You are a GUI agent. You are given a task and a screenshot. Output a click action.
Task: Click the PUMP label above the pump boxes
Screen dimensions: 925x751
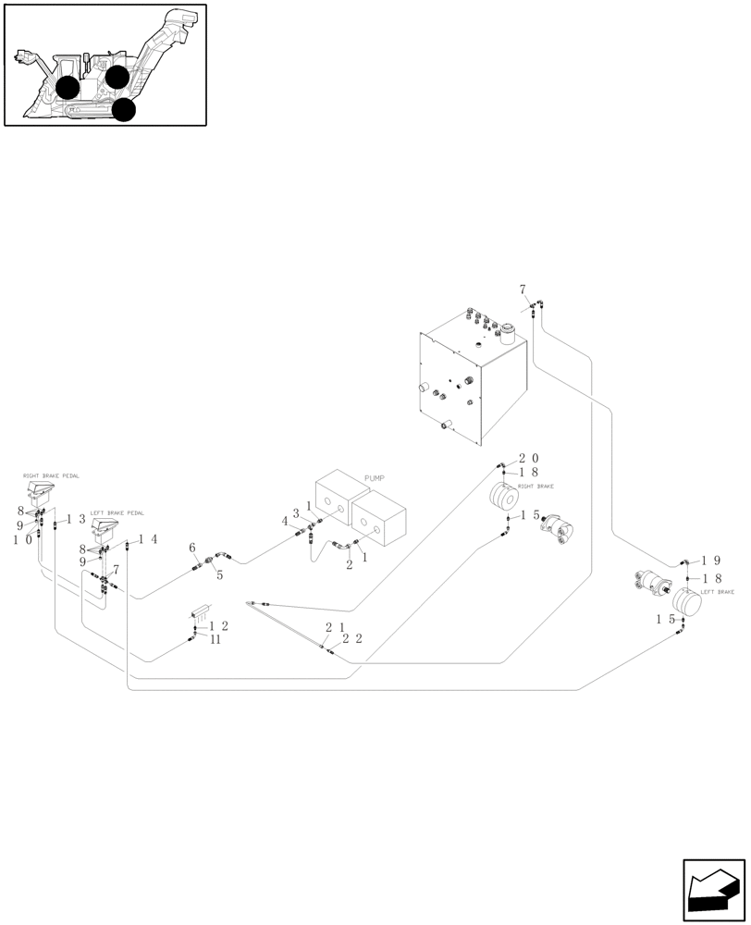pos(374,478)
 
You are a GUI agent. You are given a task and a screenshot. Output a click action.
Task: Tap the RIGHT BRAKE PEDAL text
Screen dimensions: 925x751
pos(51,475)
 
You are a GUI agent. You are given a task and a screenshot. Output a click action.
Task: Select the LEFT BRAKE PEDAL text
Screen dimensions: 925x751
pos(117,512)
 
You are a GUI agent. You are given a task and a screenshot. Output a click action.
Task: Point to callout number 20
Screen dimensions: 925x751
pos(528,459)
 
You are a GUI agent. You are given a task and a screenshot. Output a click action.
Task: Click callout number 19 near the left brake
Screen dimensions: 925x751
pos(710,561)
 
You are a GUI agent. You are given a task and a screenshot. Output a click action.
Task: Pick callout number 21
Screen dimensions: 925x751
pos(334,627)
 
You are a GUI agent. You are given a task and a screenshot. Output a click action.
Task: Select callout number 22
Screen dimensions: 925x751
pos(351,639)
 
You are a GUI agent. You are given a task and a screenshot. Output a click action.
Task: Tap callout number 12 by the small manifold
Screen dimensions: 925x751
pos(218,626)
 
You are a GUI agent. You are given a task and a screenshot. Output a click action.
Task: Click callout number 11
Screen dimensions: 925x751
pos(215,638)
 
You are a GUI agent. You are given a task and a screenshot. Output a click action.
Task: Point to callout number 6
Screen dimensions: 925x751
pos(192,549)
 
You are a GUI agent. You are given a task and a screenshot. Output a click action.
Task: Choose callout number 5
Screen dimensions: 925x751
pos(219,574)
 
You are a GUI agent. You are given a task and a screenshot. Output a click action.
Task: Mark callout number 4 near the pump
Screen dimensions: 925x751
pos(286,522)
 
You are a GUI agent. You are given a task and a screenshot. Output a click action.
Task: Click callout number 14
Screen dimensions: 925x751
pos(148,539)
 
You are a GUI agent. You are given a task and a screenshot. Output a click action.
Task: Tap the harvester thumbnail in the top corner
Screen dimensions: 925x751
pos(105,65)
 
